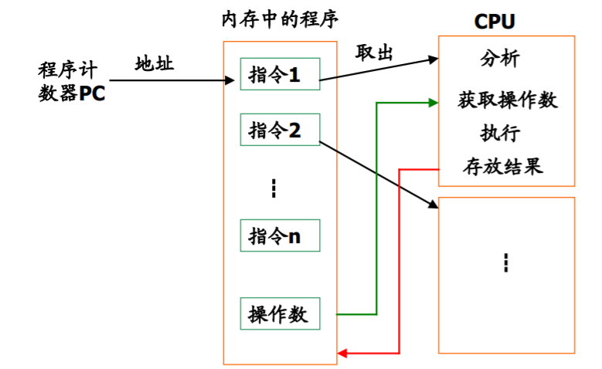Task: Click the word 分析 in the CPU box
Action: pos(499,59)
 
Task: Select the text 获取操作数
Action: pos(508,100)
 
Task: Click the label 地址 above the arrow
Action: pos(155,63)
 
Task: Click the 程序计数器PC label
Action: pos(71,83)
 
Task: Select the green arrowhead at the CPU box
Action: pos(433,101)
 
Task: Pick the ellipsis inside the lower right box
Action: pos(506,262)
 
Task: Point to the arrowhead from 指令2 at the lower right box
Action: pos(433,206)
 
